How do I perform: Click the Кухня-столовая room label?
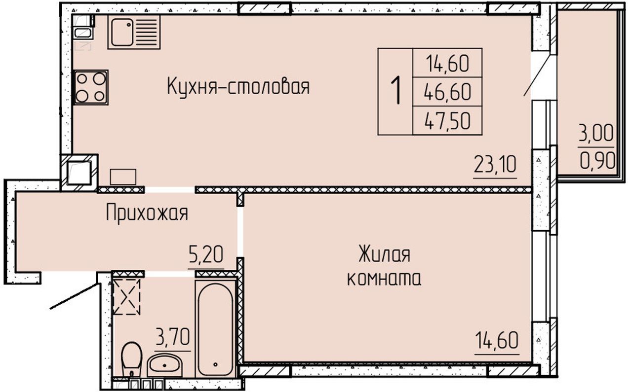click(x=238, y=87)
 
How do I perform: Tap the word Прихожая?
click(x=147, y=214)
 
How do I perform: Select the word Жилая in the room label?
click(x=384, y=254)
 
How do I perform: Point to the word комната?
click(x=384, y=279)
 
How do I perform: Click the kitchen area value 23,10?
click(x=495, y=165)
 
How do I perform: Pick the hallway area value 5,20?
click(x=206, y=255)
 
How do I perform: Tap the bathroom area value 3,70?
click(x=173, y=337)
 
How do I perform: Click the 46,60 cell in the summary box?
click(x=447, y=92)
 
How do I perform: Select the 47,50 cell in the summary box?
click(x=447, y=121)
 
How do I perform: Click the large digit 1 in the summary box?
click(x=396, y=90)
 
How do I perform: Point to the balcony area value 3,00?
click(x=595, y=133)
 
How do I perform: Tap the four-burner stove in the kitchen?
click(x=90, y=88)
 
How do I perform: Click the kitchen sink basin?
click(x=122, y=32)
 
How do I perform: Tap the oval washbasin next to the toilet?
click(x=164, y=365)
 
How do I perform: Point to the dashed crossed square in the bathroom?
click(x=126, y=297)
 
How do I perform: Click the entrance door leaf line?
click(x=75, y=296)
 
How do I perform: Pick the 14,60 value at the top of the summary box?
click(x=447, y=64)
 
